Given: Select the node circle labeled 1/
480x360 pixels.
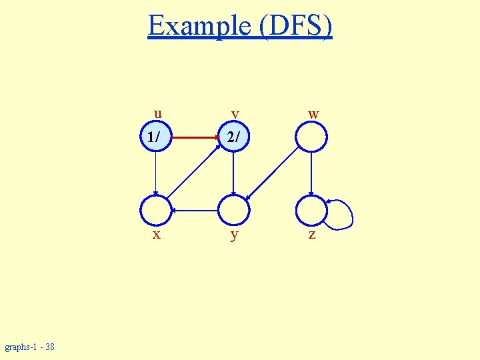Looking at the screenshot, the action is [155, 137].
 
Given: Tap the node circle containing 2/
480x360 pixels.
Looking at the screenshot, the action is [233, 137].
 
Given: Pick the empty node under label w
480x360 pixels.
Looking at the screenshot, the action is [311, 137].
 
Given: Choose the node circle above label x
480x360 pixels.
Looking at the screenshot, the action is [155, 211].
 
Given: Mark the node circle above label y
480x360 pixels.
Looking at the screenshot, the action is [233, 211].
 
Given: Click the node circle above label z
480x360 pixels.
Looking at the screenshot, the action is [311, 211].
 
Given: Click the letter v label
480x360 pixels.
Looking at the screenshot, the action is [235, 114].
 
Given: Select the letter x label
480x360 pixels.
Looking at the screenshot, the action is [156, 235].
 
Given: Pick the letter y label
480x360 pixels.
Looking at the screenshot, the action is [234, 235].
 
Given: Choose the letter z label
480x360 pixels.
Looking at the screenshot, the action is [312, 235].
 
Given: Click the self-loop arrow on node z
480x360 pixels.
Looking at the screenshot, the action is [347, 215].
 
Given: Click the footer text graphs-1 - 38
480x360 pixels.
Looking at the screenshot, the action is [30, 347].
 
